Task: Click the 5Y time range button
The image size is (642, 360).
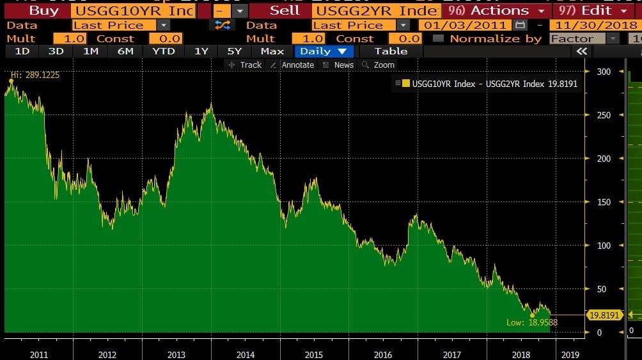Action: pyautogui.click(x=235, y=51)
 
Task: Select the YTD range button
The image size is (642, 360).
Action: pyautogui.click(x=164, y=51)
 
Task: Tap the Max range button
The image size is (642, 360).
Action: pyautogui.click(x=272, y=51)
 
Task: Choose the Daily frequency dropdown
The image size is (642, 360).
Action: pyautogui.click(x=324, y=51)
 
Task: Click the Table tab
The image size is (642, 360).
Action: pyautogui.click(x=391, y=51)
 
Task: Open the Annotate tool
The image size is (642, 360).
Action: pyautogui.click(x=293, y=65)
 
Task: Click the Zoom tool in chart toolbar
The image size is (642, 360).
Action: pyautogui.click(x=379, y=65)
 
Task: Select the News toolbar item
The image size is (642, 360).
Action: pyautogui.click(x=338, y=65)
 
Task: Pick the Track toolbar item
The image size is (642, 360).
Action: pyautogui.click(x=246, y=65)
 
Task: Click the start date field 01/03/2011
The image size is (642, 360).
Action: pyautogui.click(x=466, y=25)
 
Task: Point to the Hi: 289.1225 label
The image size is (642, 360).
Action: pyautogui.click(x=34, y=75)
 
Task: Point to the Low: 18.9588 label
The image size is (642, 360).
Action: pyautogui.click(x=531, y=323)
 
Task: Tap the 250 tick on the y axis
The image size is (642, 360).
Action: pyautogui.click(x=603, y=115)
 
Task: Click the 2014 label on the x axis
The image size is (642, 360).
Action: pyautogui.click(x=245, y=354)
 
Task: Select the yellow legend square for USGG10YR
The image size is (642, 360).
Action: pyautogui.click(x=405, y=83)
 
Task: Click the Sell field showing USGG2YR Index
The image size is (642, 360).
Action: pyautogui.click(x=377, y=11)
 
